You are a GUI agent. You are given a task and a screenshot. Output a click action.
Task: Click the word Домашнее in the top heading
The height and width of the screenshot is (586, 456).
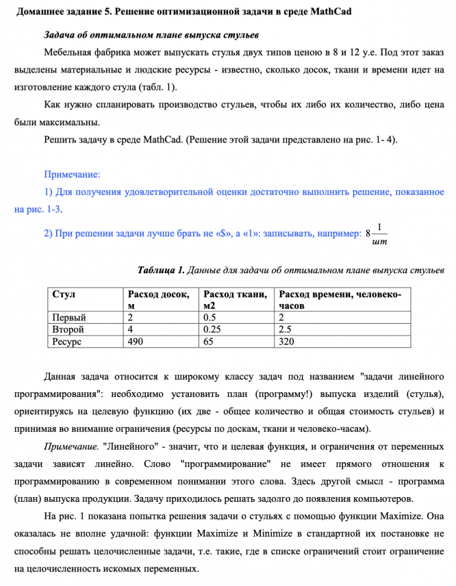(x=41, y=12)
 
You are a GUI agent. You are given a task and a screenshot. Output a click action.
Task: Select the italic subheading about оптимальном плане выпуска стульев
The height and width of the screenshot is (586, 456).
(x=151, y=34)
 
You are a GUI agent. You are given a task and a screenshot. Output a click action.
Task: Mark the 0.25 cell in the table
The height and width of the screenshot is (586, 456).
(x=213, y=329)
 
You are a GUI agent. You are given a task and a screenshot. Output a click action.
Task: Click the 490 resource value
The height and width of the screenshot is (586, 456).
(x=135, y=341)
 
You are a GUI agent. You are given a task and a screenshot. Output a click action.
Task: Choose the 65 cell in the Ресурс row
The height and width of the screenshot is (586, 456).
(x=209, y=341)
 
